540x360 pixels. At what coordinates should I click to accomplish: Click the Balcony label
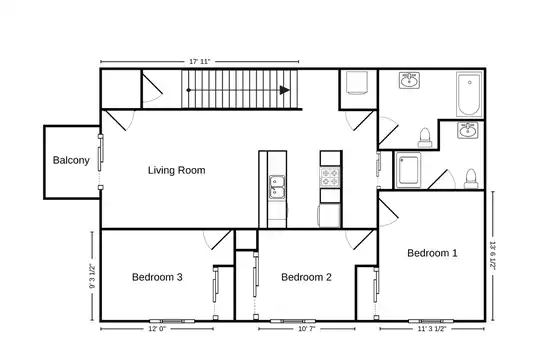[71, 160]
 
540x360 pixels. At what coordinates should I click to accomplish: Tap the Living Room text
[176, 170]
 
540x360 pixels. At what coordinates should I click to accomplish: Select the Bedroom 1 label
[432, 253]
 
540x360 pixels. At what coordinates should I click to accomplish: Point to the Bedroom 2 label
[306, 277]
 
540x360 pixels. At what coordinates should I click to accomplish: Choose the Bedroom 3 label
[157, 277]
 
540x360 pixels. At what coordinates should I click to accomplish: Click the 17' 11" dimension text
[199, 62]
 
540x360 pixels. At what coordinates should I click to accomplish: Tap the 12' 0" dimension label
[157, 329]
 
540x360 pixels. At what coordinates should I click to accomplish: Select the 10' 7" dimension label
[307, 329]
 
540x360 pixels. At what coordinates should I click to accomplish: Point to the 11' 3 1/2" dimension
[432, 329]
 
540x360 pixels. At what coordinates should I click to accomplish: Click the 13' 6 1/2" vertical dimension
[493, 256]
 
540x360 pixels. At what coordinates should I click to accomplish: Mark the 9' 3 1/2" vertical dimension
[92, 276]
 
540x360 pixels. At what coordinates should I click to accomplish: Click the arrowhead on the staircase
[284, 90]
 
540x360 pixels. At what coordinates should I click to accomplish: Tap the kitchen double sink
[277, 187]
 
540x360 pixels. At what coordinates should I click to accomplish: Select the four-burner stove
[330, 177]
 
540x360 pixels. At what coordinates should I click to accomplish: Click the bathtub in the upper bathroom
[469, 94]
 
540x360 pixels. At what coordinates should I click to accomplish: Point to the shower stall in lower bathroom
[408, 170]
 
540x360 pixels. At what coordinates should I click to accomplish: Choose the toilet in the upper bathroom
[425, 137]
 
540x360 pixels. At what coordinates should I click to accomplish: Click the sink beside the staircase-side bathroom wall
[409, 81]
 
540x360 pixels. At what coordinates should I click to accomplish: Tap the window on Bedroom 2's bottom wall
[293, 321]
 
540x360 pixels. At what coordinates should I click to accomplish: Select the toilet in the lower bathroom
[471, 179]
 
